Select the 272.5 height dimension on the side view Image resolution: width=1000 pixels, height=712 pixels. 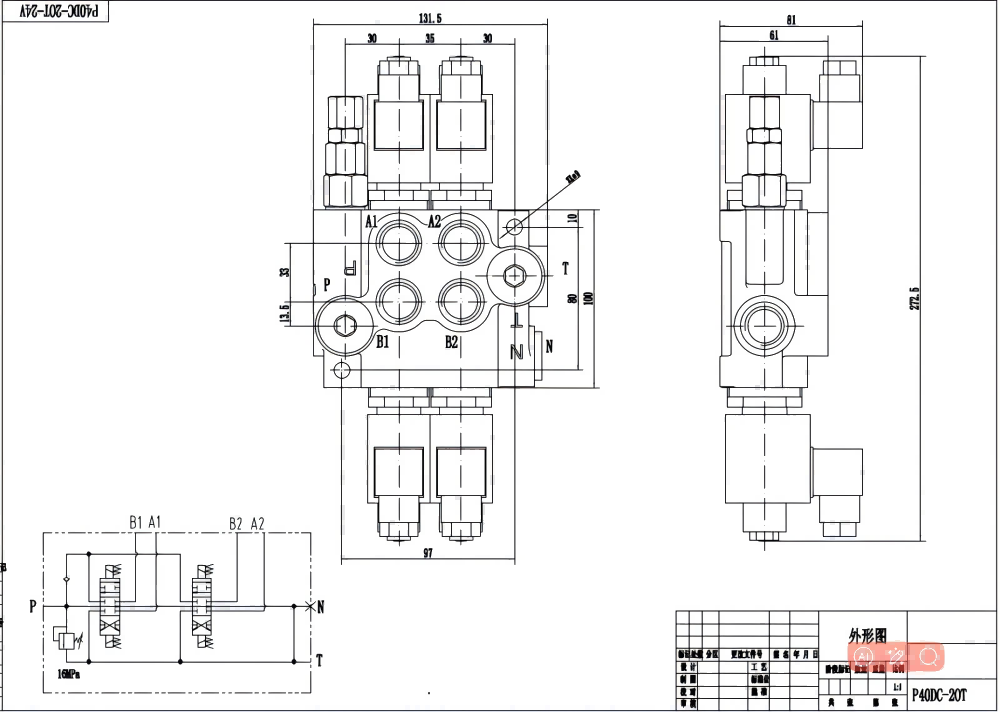pyautogui.click(x=915, y=297)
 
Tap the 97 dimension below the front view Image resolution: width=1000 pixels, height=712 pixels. pyautogui.click(x=428, y=553)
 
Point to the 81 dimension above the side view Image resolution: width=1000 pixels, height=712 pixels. pyautogui.click(x=791, y=19)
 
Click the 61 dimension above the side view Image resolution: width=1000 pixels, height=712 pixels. pyautogui.click(x=775, y=35)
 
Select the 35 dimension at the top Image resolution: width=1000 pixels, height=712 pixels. pyautogui.click(x=429, y=38)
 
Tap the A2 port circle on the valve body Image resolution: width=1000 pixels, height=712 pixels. pyautogui.click(x=461, y=242)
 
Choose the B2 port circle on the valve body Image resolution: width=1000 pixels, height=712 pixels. pyautogui.click(x=461, y=299)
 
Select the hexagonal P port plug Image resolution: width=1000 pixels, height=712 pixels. pyautogui.click(x=343, y=325)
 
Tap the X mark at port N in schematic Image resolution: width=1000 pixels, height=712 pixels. pyautogui.click(x=308, y=606)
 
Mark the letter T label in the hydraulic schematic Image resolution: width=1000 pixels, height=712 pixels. pyautogui.click(x=318, y=660)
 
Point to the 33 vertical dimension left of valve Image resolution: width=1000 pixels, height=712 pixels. pyautogui.click(x=284, y=272)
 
